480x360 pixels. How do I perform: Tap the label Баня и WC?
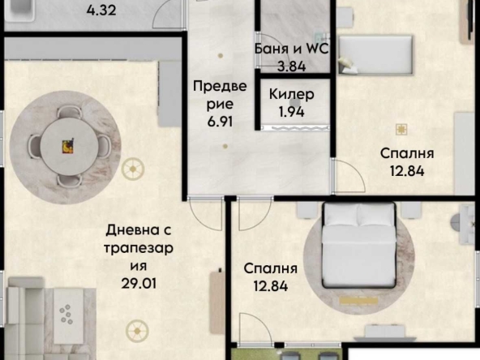[x=290, y=49]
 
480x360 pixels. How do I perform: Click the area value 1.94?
[x=291, y=112]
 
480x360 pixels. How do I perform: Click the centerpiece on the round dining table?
[x=68, y=144]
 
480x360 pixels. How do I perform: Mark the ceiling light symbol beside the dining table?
[x=134, y=169]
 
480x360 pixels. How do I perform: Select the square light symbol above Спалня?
[x=400, y=128]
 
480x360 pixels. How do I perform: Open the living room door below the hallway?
[x=208, y=212]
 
